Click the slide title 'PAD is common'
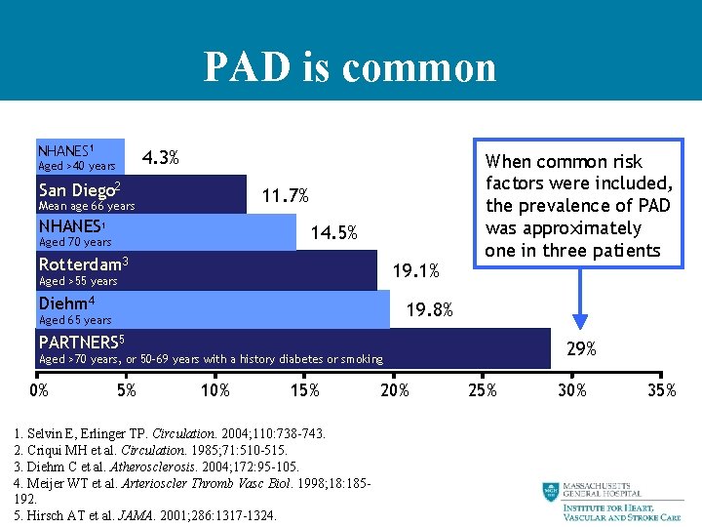[350, 67]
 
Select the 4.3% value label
[160, 157]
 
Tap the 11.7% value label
[286, 196]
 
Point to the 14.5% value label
[333, 233]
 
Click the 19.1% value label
[416, 270]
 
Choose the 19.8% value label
[429, 310]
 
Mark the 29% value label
[582, 348]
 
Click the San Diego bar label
[79, 189]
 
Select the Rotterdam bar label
[83, 264]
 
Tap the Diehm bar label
[66, 303]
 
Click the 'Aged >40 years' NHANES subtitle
[76, 166]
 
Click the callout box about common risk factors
[578, 205]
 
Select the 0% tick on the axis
[38, 390]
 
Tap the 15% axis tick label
[304, 390]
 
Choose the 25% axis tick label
[482, 390]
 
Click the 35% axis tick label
[661, 390]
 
